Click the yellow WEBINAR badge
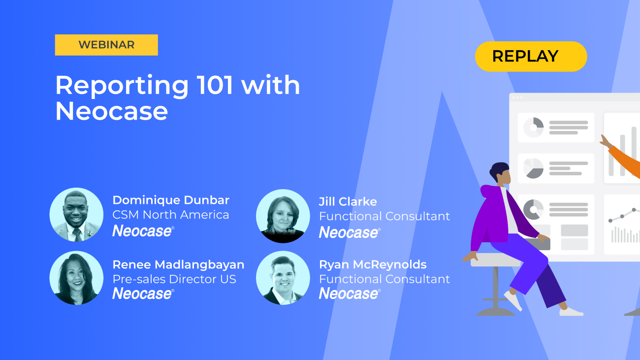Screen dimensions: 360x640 [x=106, y=45]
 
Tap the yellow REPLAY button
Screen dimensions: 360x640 [x=531, y=56]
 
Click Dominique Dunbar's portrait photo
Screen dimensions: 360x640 [x=76, y=215]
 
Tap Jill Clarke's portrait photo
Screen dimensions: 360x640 [x=283, y=216]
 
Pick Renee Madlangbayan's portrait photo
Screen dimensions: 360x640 [x=76, y=278]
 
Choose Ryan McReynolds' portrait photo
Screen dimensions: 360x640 [x=283, y=278]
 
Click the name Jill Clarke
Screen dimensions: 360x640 [x=348, y=201]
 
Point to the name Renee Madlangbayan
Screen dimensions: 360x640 [x=178, y=264]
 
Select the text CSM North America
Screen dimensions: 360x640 [x=171, y=215]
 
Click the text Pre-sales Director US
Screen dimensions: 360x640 [x=174, y=279]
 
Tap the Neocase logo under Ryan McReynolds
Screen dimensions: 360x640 [x=350, y=294]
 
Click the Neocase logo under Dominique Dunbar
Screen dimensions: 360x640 [x=143, y=230]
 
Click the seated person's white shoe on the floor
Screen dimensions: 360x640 [x=571, y=311]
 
